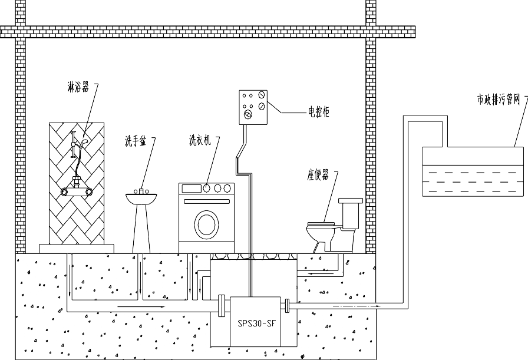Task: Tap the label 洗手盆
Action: point(134,141)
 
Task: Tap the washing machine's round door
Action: point(206,224)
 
